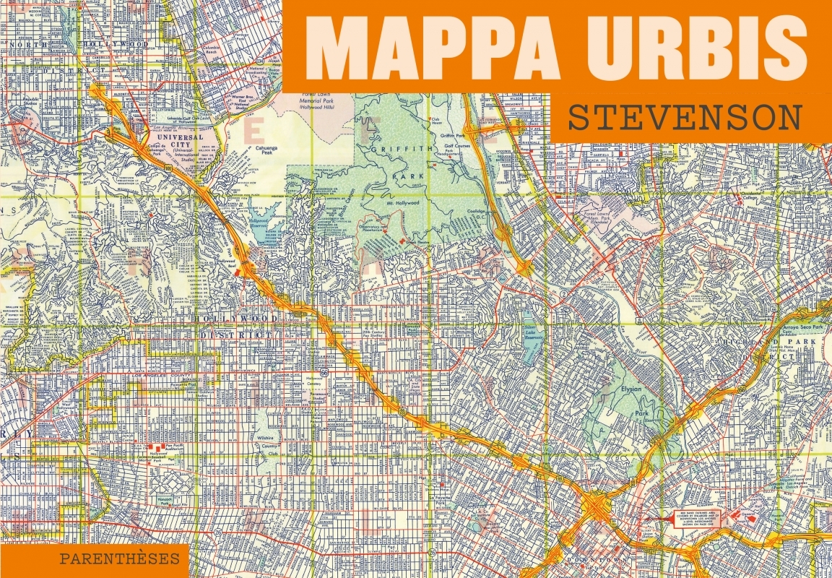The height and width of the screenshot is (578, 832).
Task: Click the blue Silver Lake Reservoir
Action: click(x=532, y=337)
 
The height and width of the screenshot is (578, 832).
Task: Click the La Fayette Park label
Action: click(x=443, y=499)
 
